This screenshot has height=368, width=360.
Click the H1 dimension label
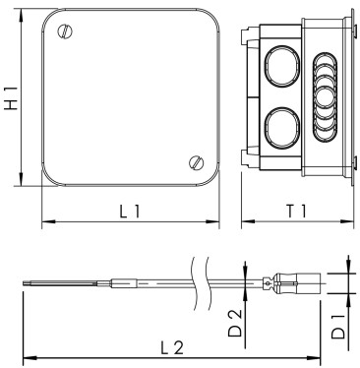tap(11, 98)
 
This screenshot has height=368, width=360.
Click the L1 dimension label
tap(130, 211)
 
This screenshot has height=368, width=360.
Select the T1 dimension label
tap(297, 211)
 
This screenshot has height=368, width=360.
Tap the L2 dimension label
tap(173, 347)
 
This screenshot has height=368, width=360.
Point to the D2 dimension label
tap(235, 324)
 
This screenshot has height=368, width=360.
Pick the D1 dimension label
tap(337, 327)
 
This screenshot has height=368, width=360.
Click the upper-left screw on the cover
tap(65, 31)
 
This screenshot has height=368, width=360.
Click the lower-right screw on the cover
tap(197, 162)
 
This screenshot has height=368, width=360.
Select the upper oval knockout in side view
tap(282, 66)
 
